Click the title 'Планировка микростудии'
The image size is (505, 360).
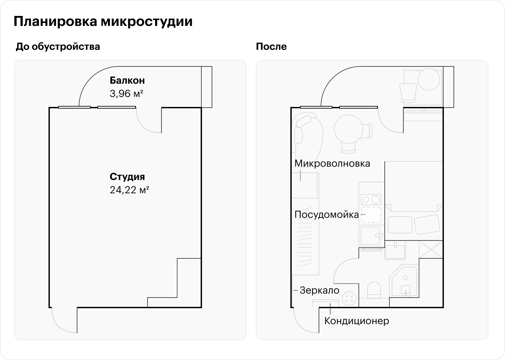point(103,22)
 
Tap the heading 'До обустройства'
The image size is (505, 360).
point(58,46)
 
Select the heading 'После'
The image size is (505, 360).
point(271,46)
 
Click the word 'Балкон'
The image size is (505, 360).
point(127,80)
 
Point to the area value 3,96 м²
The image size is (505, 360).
point(126,94)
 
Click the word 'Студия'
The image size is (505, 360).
point(127,177)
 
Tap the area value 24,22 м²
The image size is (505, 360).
point(129,190)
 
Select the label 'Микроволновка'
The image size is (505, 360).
point(332,163)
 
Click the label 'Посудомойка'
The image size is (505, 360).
point(327,215)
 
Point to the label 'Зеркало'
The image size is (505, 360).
point(319,290)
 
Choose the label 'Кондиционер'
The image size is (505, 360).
point(356,321)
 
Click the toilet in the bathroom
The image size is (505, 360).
point(374,290)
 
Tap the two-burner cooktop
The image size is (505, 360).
point(371,199)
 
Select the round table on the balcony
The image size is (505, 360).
point(429,80)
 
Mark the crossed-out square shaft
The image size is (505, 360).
point(431,249)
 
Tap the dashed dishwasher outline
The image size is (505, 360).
point(371,215)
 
